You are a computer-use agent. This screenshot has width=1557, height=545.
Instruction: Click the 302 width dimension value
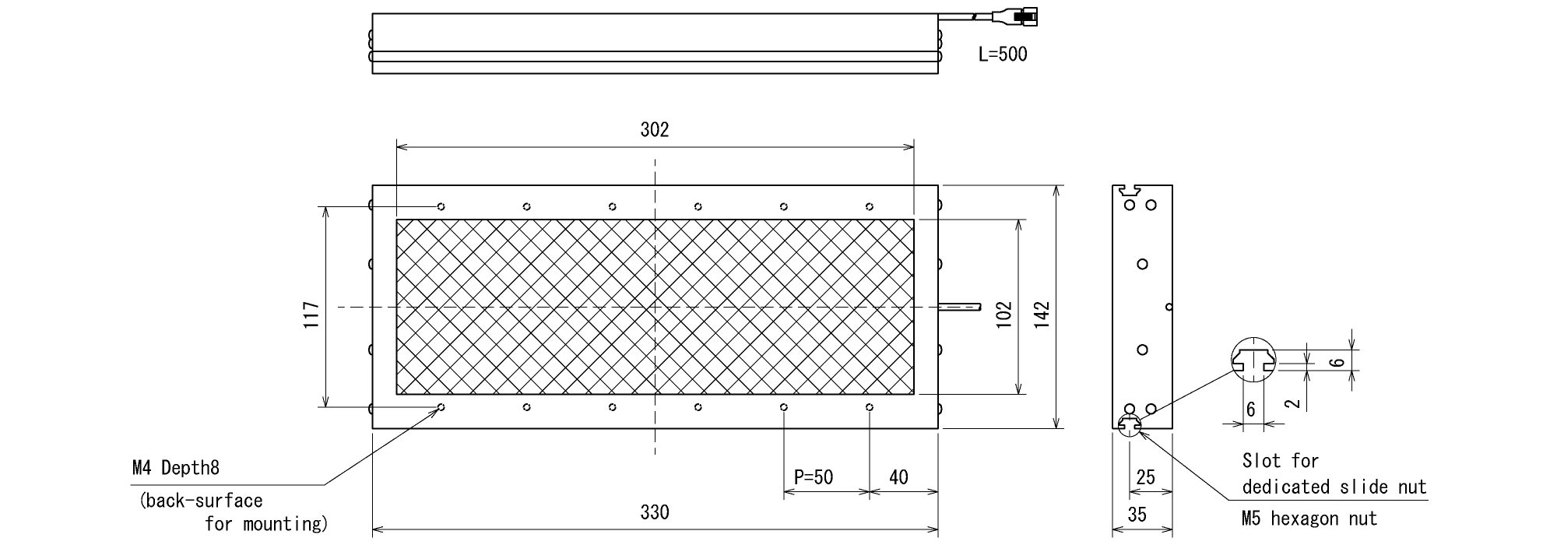[x=655, y=130]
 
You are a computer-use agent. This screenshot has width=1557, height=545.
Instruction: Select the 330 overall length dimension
[x=655, y=512]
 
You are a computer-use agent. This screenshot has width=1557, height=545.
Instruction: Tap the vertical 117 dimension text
[x=311, y=315]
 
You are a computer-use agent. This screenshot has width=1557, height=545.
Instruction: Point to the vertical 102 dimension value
[x=1003, y=315]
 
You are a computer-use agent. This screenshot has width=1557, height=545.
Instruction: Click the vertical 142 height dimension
[x=1042, y=315]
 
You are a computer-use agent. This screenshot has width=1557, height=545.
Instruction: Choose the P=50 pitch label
[x=814, y=476]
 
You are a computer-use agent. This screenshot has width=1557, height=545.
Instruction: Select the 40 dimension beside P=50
[x=898, y=476]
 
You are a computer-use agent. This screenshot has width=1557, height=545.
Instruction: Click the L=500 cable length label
[x=1003, y=54]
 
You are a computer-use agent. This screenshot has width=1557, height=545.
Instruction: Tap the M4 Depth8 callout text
[x=176, y=467]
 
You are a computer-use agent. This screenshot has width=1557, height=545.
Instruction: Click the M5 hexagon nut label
[x=1309, y=519]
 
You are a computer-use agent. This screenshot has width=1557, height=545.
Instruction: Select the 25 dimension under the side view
[x=1145, y=476]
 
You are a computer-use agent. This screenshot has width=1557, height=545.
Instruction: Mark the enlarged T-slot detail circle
[x=1253, y=360]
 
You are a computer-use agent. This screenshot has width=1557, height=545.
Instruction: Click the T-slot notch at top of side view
[x=1131, y=189]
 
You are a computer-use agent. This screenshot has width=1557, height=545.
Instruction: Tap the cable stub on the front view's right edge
[x=960, y=308]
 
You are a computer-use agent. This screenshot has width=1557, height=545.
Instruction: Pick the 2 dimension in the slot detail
[x=1292, y=403]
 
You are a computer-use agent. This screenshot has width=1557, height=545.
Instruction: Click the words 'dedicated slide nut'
[x=1334, y=487]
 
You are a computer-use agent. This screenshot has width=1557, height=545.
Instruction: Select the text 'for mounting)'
[x=266, y=524]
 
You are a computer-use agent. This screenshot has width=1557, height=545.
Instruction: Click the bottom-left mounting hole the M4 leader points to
[x=441, y=407]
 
